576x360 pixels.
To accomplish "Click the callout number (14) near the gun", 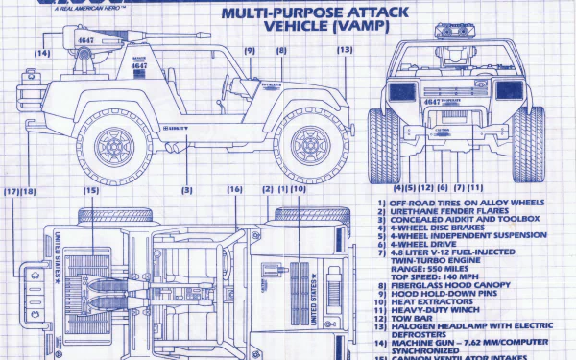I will tap(42, 53).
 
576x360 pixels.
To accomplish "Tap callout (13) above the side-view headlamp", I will tap(345, 50).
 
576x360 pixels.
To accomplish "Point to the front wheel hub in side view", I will tap(309, 146).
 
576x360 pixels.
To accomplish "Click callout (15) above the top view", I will tap(90, 190).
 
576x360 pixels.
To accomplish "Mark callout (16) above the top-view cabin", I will tap(234, 190).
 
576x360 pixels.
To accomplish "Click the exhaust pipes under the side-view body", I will tap(174, 148).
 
